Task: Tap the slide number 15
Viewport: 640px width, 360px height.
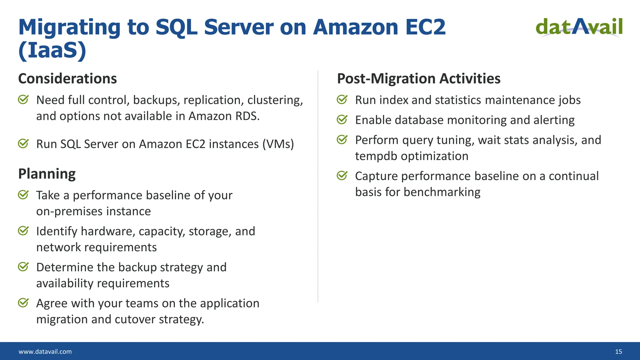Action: (618, 352)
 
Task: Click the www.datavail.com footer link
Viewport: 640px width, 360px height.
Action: (45, 352)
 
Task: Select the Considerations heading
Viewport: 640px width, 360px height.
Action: (67, 78)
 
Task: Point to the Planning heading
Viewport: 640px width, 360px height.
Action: (47, 174)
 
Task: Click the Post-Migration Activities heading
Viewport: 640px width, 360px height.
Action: (419, 78)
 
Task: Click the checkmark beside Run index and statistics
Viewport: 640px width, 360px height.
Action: (342, 100)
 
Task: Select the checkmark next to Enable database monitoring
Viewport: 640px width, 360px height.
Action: (342, 120)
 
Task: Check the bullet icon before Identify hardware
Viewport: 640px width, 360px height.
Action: (23, 231)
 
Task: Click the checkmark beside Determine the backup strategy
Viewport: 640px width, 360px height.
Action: (23, 267)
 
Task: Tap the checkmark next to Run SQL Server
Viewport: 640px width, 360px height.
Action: (23, 144)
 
